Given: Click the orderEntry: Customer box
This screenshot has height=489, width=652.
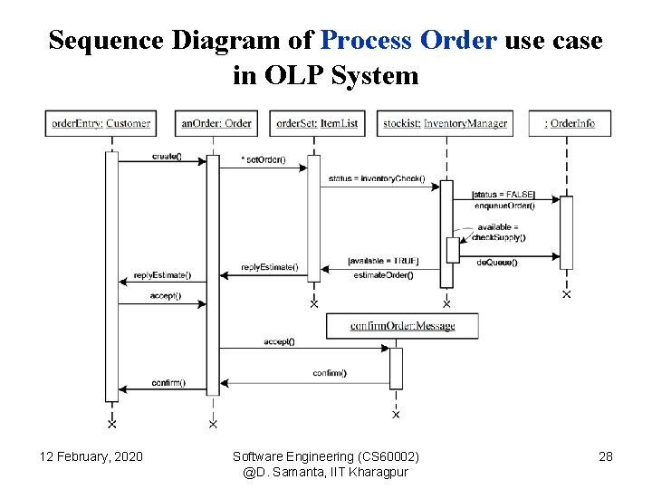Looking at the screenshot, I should [x=101, y=123].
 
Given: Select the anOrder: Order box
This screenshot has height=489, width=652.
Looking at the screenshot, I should [x=216, y=123].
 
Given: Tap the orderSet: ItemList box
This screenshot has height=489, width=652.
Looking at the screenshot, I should [x=317, y=123].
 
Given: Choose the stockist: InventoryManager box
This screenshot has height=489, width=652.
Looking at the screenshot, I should [x=445, y=123].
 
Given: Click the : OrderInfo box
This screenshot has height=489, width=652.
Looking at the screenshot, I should [x=570, y=123].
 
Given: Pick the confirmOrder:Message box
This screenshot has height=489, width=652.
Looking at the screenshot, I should [x=402, y=326].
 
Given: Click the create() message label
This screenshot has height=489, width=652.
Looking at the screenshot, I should [x=167, y=157].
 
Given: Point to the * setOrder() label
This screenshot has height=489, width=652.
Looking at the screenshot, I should [x=264, y=161].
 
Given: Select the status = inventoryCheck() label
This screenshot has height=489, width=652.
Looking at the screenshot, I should [x=376, y=178].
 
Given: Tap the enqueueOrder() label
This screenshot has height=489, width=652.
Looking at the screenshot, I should [x=504, y=206].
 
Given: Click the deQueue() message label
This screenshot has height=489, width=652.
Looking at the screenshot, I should [x=497, y=262].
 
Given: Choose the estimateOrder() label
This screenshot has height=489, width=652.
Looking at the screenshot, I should [x=383, y=274].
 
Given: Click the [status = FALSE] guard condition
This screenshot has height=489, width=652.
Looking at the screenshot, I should [x=503, y=195].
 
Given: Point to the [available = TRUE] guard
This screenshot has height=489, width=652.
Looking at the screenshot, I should [x=383, y=263].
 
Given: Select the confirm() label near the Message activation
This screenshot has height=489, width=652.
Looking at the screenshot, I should [x=330, y=373].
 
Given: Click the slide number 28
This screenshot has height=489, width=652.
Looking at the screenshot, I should [x=606, y=456].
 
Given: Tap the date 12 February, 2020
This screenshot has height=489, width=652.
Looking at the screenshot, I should [x=91, y=456].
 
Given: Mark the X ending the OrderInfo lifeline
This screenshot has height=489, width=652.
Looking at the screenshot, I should [x=567, y=293].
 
